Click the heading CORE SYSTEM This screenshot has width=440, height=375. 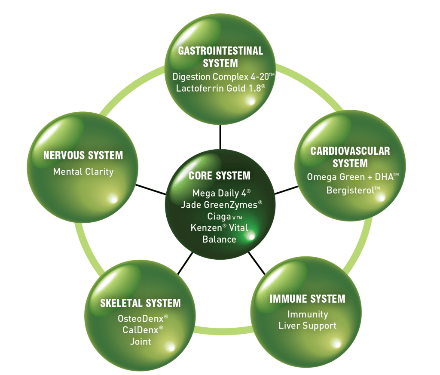coord(219,176)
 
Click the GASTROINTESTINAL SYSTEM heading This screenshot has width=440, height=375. coord(220,57)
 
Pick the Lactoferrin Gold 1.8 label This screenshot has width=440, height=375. coord(220,89)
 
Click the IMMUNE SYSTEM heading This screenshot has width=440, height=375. coord(307,298)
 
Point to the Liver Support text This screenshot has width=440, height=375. coord(307,326)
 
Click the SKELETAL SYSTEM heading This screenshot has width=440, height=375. coord(141,303)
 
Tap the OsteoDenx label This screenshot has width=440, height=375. coord(141,319)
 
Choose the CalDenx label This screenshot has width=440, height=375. coord(141,330)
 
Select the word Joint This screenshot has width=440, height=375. coord(141,342)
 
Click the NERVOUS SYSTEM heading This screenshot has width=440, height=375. coord(83,155)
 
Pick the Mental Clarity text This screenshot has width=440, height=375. coord(83,172)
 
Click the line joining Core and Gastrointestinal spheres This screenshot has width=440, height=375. coord(220,137)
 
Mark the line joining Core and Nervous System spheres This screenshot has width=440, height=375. coord(151,190)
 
